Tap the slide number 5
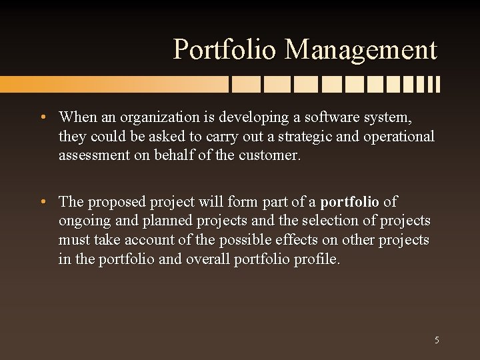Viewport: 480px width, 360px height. pos(437,340)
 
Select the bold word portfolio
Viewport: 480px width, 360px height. pos(349,201)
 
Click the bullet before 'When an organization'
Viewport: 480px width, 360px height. pos(42,117)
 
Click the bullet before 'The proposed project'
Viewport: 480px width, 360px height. pos(42,201)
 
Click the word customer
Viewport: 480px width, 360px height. pos(274,156)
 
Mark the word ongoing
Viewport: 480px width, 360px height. pos(83,221)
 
